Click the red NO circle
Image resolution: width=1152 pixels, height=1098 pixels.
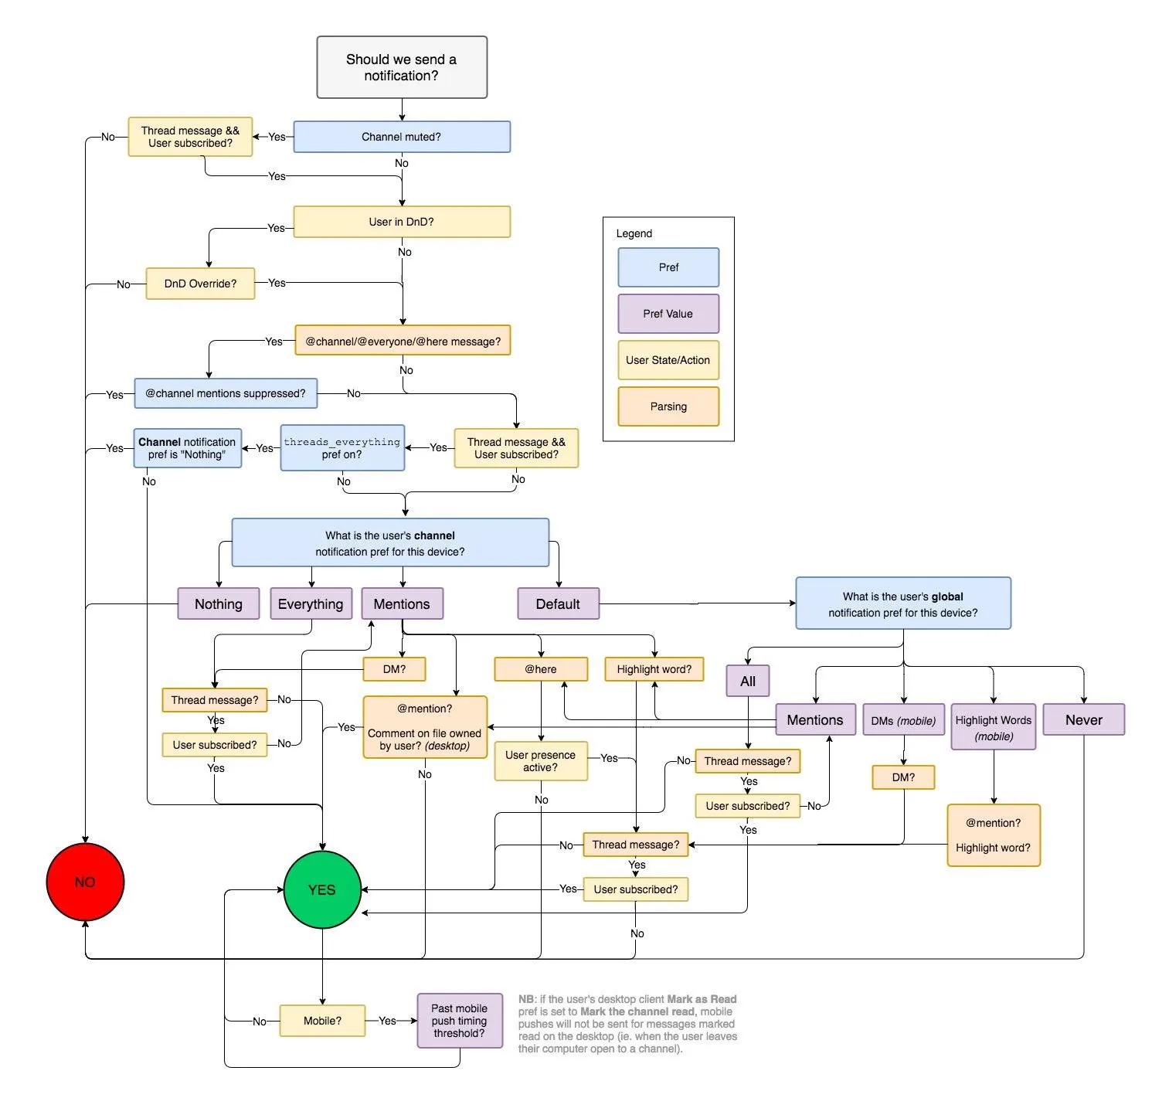pos(85,882)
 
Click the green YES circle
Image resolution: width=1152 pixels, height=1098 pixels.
pos(321,889)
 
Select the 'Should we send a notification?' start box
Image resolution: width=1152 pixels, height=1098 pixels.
pos(402,67)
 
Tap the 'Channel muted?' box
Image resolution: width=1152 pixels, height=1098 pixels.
pos(402,137)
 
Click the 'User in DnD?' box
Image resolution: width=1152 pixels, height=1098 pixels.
pos(402,222)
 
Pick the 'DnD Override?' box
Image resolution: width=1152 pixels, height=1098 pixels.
pos(200,284)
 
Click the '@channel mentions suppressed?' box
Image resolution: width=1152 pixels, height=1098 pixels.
pos(226,393)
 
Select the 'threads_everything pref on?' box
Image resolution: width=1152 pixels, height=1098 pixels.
pos(342,447)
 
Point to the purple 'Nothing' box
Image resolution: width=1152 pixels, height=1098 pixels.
pos(218,603)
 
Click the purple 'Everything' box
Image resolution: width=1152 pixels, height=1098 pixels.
pos(311,603)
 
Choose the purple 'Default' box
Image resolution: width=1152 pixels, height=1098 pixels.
pos(558,603)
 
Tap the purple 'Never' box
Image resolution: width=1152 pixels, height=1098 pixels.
pos(1083,719)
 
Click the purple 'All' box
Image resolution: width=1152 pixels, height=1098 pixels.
pos(748,681)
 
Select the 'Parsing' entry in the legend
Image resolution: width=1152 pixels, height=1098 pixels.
pos(668,406)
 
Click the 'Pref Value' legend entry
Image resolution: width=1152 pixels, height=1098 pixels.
pos(668,314)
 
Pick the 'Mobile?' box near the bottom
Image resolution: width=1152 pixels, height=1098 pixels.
pos(322,1021)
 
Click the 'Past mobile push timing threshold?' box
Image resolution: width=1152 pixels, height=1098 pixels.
pos(459,1021)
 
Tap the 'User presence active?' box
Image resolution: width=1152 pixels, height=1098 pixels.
pos(541,761)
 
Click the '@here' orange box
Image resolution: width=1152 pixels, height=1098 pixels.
pos(541,669)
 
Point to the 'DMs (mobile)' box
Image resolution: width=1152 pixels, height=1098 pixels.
pos(903,720)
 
